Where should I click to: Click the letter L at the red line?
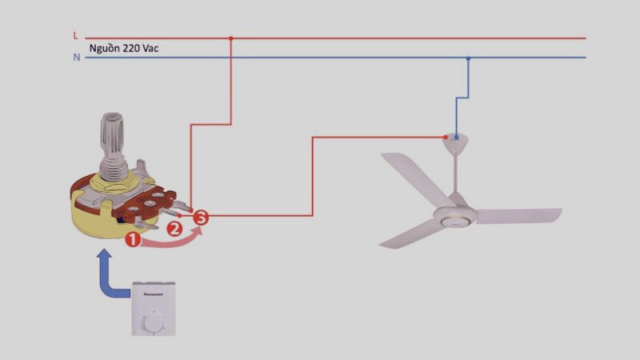tap(75, 36)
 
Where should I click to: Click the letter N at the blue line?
tap(76, 58)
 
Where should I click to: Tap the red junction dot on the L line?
tap(231, 38)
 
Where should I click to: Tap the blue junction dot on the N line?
tap(468, 58)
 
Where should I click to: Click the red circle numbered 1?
tap(133, 238)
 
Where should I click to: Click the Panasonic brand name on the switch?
tap(153, 294)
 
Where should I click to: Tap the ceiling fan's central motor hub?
tap(454, 214)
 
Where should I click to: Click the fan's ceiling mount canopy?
tap(455, 144)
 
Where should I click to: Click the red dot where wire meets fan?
tap(446, 138)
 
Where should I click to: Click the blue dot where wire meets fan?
tap(455, 138)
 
